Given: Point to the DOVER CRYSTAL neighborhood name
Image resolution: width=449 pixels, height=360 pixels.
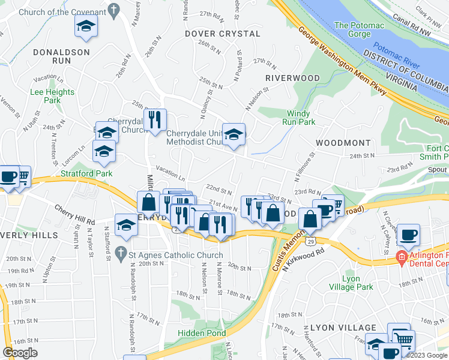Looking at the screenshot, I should point(222,34).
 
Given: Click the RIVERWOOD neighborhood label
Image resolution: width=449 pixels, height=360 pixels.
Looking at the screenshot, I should point(292,78).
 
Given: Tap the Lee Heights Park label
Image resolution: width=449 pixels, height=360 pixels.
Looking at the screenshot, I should point(52,96).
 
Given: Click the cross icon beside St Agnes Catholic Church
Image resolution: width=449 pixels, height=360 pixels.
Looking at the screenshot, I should point(121,253).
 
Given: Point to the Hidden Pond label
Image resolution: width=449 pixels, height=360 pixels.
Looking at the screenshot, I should point(202,333).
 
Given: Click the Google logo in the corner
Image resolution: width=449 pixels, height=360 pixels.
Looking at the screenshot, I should point(20,353).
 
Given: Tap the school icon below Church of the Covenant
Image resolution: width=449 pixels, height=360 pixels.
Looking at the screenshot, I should point(86,26).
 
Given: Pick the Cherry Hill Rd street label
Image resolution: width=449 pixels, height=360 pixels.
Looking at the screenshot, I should point(74,215).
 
